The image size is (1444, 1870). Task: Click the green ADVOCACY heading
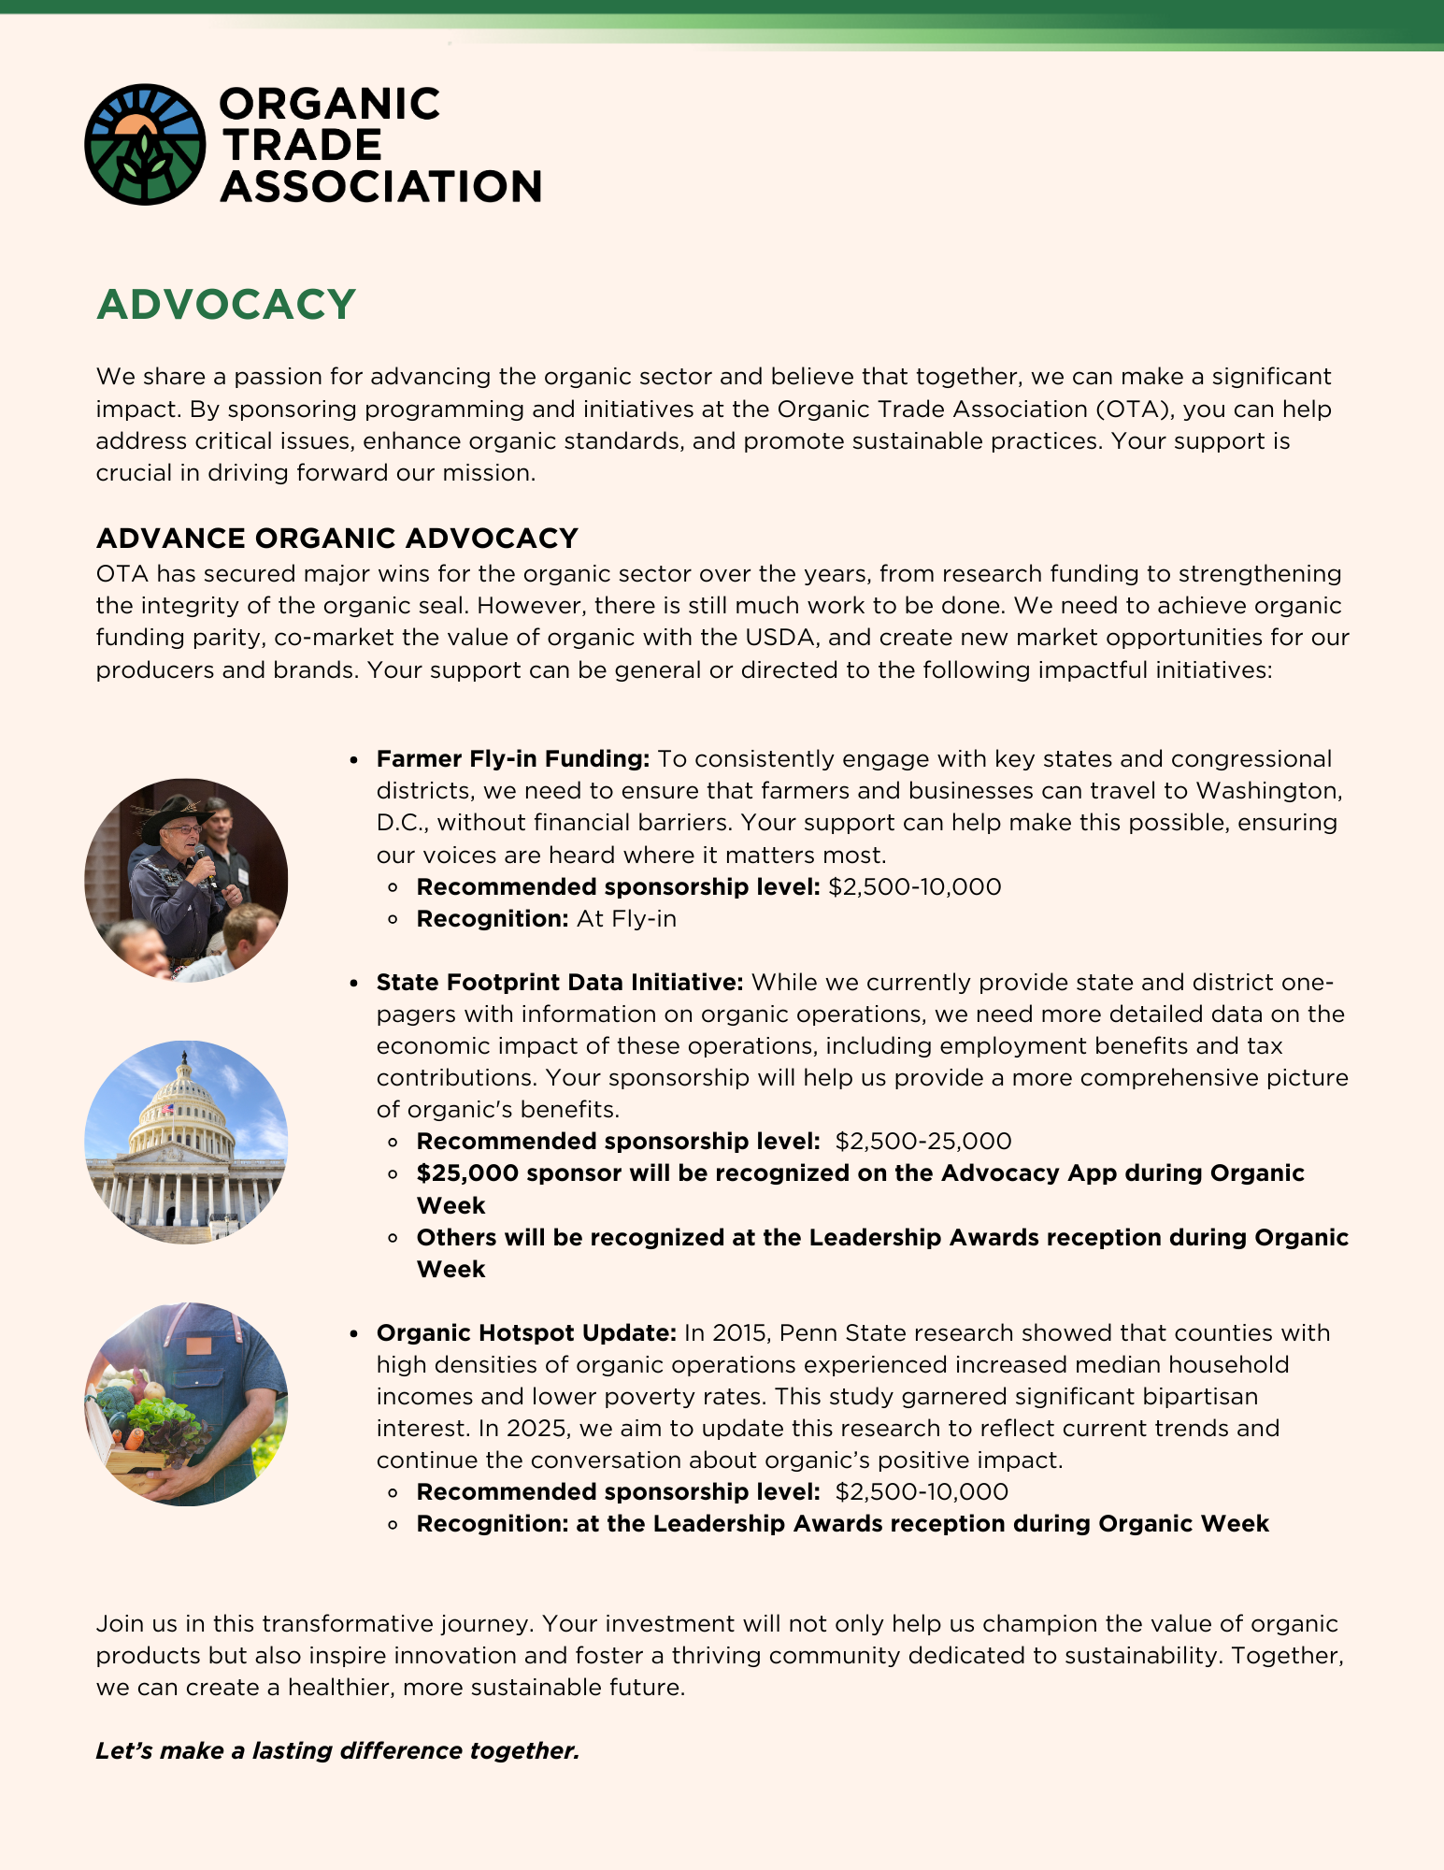tap(226, 305)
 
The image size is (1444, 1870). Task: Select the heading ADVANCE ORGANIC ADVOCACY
tap(336, 539)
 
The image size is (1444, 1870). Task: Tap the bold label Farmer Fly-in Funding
tap(512, 758)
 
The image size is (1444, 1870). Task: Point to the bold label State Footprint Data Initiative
tap(559, 982)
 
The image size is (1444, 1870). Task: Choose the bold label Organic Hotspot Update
tap(526, 1332)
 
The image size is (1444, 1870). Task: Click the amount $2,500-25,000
tap(923, 1141)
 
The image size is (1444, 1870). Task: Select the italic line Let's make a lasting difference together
tap(337, 1750)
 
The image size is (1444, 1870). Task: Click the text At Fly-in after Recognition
tap(626, 919)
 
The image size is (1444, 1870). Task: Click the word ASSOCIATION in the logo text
tap(380, 186)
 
